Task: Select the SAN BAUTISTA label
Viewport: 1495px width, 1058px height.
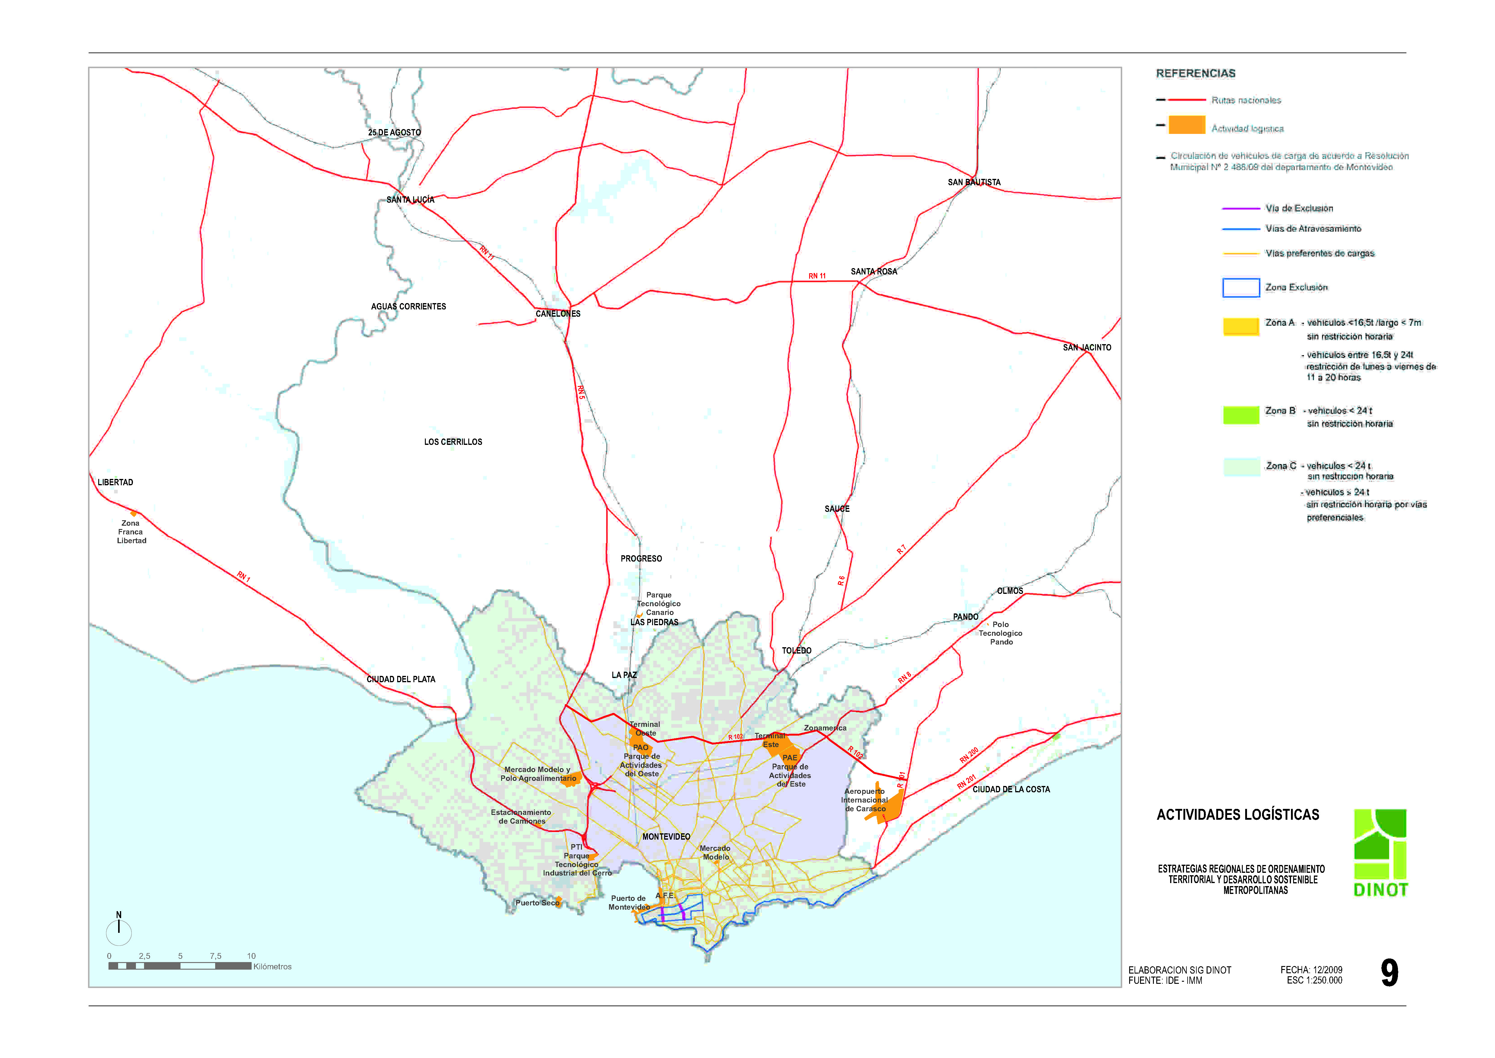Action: point(974,182)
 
